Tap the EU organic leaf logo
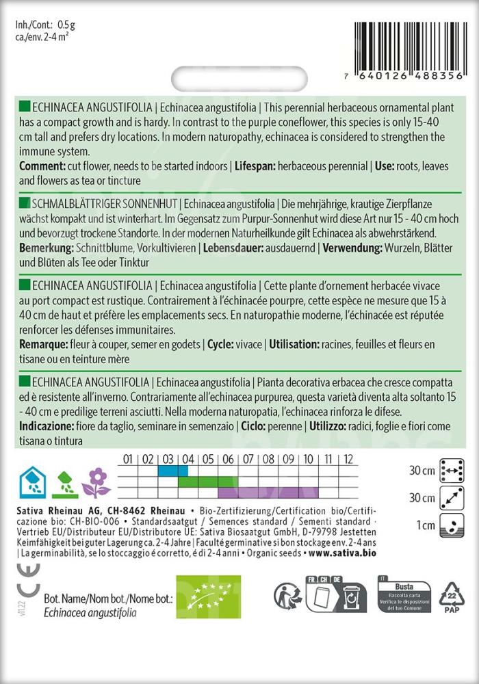point(209,596)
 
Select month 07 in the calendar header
point(248,459)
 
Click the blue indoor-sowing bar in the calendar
point(172,470)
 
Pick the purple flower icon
point(96,482)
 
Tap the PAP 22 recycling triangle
point(452,596)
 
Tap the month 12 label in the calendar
point(348,459)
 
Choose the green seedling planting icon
point(64,482)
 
